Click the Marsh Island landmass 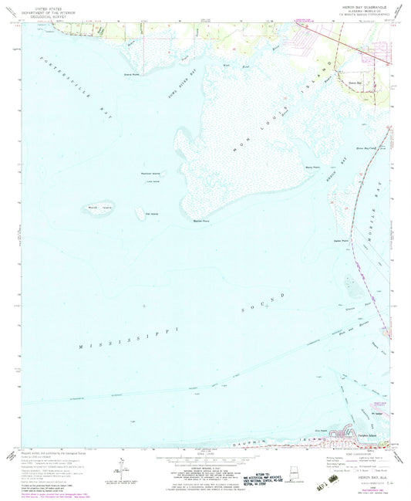tap(93, 208)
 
